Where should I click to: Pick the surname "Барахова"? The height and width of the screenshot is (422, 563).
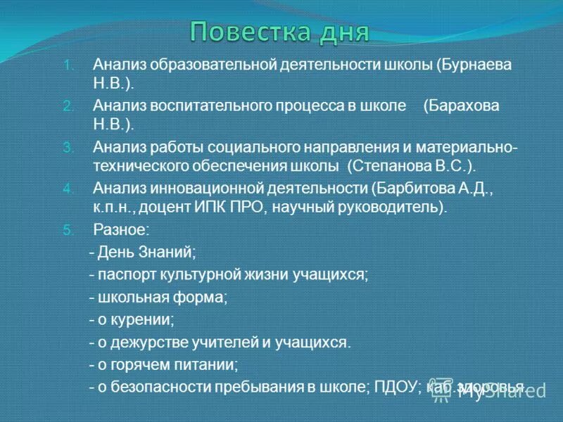click(x=461, y=105)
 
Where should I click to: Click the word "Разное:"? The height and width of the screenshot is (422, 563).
click(x=121, y=229)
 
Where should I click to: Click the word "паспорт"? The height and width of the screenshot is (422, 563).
click(x=122, y=274)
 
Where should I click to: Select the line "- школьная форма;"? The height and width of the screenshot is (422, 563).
click(x=158, y=297)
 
